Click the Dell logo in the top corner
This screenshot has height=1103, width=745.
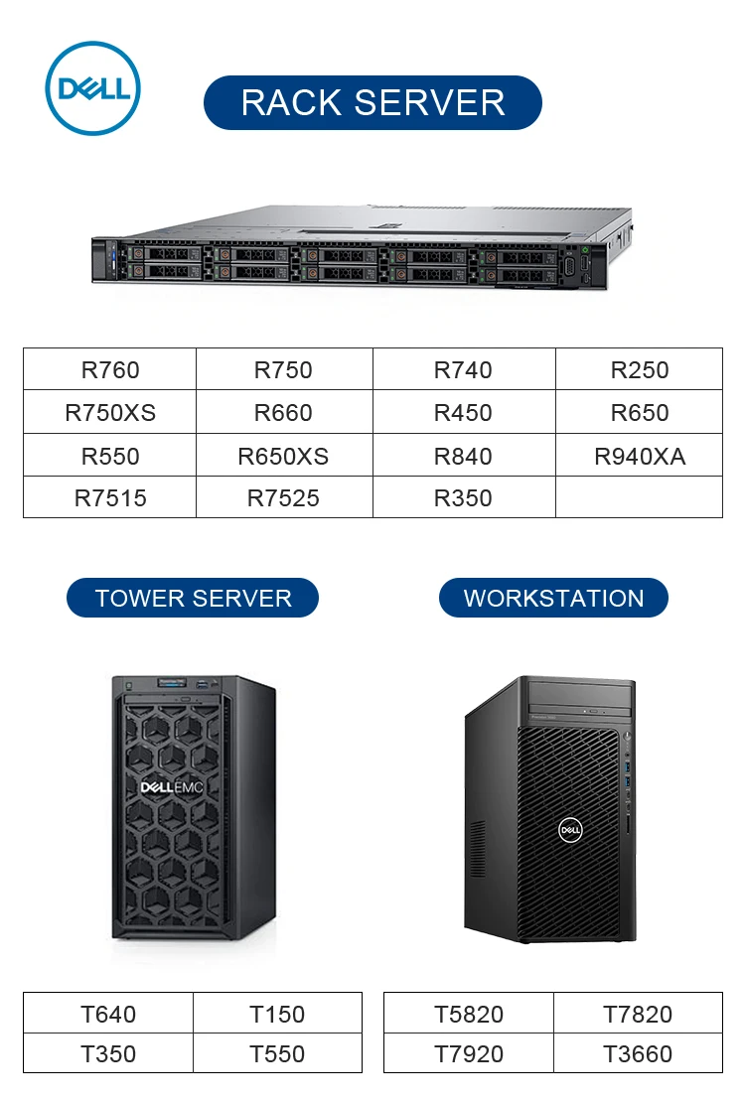[93, 88]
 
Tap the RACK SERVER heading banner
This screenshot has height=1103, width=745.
[372, 102]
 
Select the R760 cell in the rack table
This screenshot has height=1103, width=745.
[110, 370]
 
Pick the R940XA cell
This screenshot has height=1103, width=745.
[640, 457]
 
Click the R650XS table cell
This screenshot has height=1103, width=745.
[283, 457]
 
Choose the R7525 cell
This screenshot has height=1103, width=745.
[283, 498]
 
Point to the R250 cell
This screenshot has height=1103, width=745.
[640, 370]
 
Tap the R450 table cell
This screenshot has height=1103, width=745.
[463, 413]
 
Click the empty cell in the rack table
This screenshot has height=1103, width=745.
[639, 497]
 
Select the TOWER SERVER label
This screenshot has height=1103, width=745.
[193, 599]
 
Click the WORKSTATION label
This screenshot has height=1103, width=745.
[553, 599]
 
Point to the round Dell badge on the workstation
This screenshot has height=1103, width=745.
[570, 830]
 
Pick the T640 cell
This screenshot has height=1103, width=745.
[108, 1014]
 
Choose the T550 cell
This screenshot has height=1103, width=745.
[277, 1054]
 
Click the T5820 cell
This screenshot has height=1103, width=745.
[469, 1014]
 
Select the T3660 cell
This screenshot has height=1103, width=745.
[638, 1054]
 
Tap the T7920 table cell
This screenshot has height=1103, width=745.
[469, 1054]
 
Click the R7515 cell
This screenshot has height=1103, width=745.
[110, 498]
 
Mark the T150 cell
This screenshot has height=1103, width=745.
[277, 1014]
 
